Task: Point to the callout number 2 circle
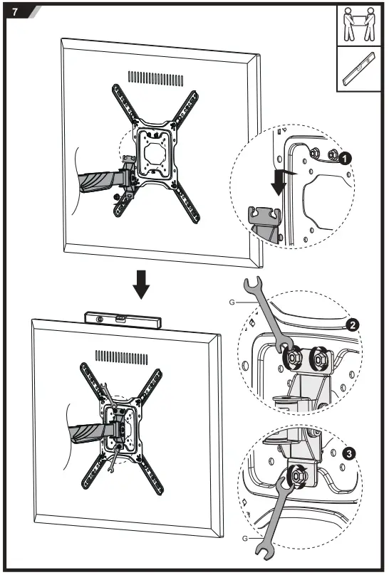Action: [351, 325]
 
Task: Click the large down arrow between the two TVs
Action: [142, 285]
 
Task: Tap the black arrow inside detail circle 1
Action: [279, 184]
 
